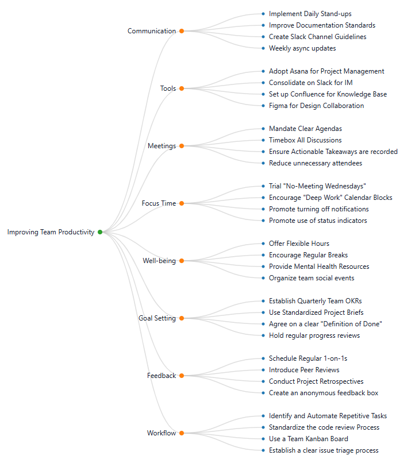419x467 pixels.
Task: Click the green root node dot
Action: pos(100,232)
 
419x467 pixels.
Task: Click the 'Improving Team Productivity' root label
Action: pos(51,232)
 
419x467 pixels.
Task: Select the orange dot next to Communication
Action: pos(182,31)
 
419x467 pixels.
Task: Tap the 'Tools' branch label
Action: pos(168,88)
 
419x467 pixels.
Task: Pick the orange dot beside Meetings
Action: pos(182,146)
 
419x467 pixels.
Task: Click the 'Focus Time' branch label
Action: pos(159,203)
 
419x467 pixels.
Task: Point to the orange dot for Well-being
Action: pos(182,261)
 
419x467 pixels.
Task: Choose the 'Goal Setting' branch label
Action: pos(157,318)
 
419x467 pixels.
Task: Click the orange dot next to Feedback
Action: pos(182,376)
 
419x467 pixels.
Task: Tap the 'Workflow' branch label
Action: pos(161,433)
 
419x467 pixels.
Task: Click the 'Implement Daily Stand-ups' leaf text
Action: pos(310,14)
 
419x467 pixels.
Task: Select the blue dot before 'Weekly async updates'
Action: pos(263,48)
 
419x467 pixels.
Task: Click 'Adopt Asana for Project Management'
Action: pos(326,71)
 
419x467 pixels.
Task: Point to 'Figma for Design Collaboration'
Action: pos(316,106)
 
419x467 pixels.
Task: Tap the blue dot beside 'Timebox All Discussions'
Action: pos(263,140)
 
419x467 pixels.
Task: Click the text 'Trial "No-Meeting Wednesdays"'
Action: pos(317,186)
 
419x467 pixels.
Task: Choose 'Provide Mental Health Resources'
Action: pos(319,267)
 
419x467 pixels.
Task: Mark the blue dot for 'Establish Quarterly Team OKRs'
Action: pos(263,301)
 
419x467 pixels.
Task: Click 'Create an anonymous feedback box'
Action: pos(324,393)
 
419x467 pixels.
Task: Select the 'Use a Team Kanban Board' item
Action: pos(308,439)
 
